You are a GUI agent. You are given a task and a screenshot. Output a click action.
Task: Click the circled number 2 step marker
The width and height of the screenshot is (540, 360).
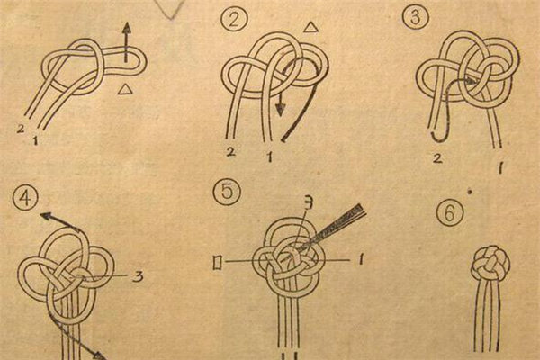[234, 19]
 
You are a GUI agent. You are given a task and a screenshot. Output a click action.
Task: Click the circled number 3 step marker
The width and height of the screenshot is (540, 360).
[416, 16]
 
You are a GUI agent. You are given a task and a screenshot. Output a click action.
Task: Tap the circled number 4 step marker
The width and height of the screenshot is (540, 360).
[25, 198]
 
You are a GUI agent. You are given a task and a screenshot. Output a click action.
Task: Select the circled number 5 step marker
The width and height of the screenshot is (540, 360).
[228, 192]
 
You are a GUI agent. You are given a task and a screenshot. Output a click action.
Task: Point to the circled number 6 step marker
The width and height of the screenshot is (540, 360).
[450, 212]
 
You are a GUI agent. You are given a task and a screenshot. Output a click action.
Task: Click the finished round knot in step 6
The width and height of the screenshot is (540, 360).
[490, 263]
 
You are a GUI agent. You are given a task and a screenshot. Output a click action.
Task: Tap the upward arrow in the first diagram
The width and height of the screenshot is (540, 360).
[127, 42]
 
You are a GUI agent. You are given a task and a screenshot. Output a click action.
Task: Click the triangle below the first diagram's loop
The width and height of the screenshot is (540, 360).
[125, 89]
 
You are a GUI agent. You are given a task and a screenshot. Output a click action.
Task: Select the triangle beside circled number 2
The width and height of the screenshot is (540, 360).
[311, 28]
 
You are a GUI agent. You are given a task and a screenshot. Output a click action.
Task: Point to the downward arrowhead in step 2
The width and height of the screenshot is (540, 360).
[281, 109]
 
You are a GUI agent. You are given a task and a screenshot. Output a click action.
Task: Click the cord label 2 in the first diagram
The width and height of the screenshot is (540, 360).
[21, 129]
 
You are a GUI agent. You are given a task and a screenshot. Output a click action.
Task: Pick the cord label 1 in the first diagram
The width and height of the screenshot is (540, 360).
[35, 139]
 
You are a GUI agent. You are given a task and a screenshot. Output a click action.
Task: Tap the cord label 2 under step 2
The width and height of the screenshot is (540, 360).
[231, 152]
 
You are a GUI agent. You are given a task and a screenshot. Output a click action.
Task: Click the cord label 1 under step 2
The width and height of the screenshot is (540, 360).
[270, 157]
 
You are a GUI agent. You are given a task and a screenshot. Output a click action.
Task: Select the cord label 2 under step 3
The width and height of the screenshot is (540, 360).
[437, 158]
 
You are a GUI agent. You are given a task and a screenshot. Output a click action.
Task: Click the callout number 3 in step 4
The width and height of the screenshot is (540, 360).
[138, 276]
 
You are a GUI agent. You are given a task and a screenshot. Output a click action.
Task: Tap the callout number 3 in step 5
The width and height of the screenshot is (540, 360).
[310, 204]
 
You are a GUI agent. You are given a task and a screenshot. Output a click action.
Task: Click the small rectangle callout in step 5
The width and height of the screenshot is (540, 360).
[218, 263]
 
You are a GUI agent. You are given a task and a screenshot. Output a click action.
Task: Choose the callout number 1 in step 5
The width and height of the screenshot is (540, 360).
[360, 259]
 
